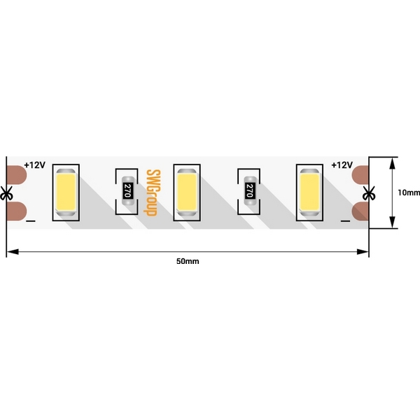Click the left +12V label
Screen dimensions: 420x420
[x=35, y=165]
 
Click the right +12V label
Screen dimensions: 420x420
[x=342, y=165]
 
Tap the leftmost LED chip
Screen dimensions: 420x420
[x=66, y=192]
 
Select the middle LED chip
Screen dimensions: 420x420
[x=187, y=192]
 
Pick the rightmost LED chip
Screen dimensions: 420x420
[x=309, y=192]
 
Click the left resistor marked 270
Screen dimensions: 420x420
[x=128, y=190]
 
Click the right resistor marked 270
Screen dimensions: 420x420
[x=250, y=190]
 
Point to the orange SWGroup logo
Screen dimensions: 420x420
[x=152, y=192]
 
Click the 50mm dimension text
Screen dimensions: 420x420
[x=188, y=261]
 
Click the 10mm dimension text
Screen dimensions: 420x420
[x=409, y=192]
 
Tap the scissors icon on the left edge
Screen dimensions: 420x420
[x=6, y=193]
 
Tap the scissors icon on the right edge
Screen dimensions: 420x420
[x=369, y=193]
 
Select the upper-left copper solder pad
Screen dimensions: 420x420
[x=17, y=175]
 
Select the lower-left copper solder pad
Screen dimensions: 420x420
[x=17, y=211]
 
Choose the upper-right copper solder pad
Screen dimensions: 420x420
[x=360, y=175]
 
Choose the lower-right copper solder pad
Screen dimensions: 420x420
[x=360, y=211]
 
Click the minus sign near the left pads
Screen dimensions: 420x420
[x=31, y=221]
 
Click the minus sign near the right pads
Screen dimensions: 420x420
[x=345, y=221]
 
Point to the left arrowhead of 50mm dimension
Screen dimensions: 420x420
[x=13, y=252]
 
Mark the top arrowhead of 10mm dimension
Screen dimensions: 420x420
[x=393, y=163]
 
